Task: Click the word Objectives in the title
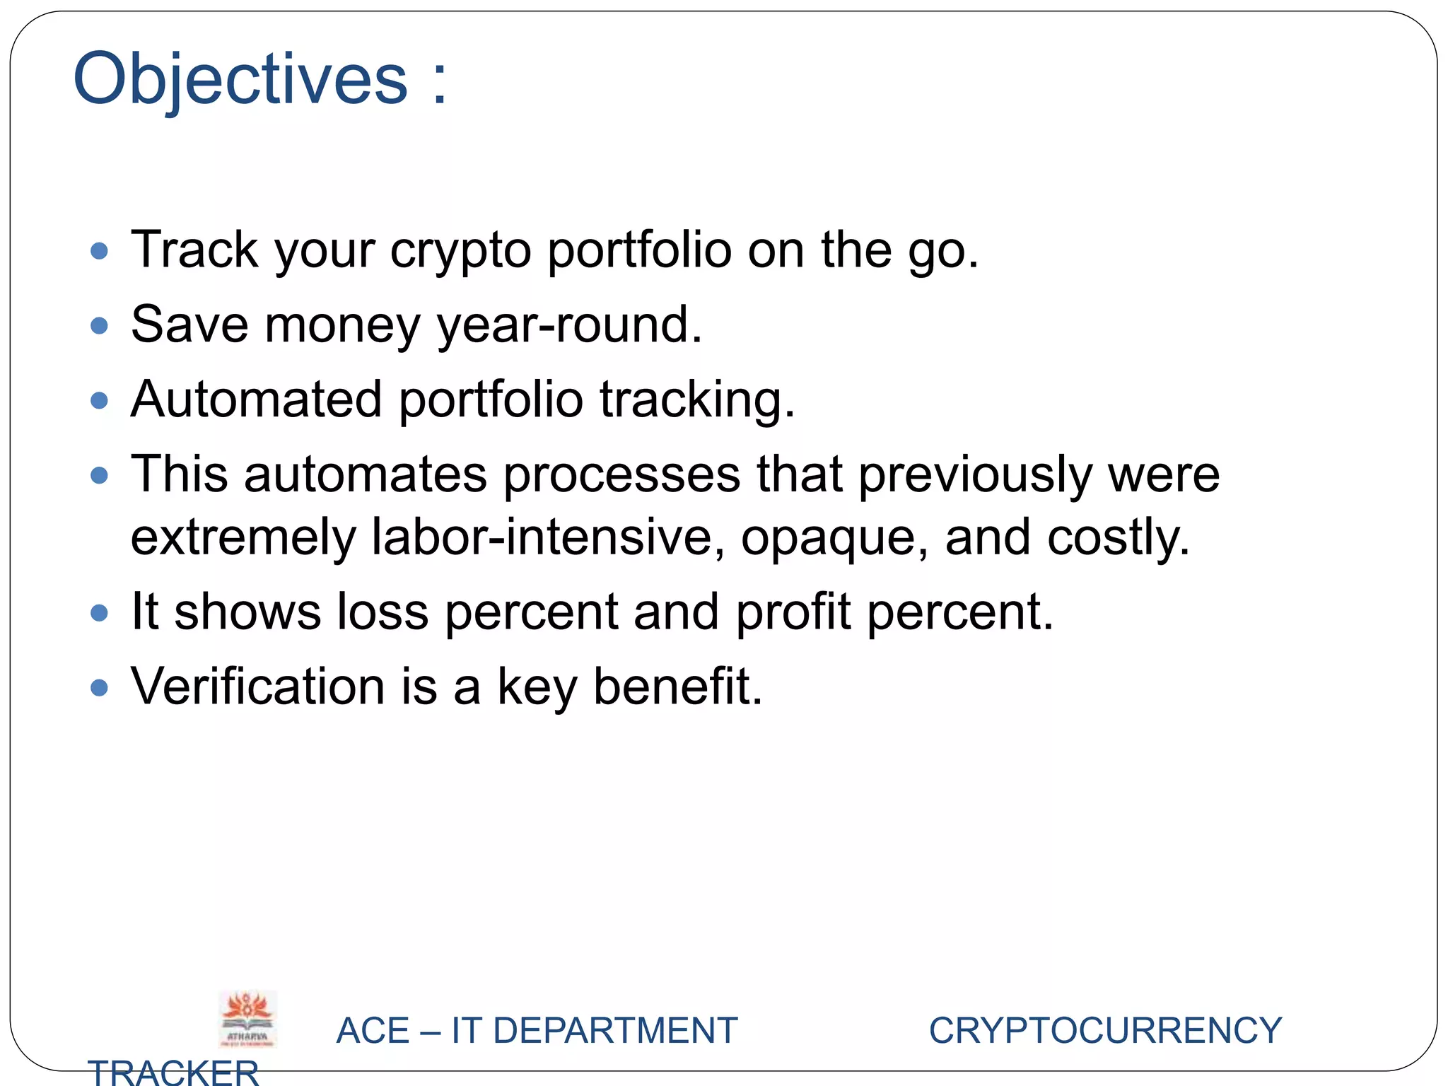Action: [x=240, y=79]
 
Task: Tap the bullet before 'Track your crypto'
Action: [x=100, y=251]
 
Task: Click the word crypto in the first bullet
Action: [x=460, y=251]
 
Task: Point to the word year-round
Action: [x=570, y=325]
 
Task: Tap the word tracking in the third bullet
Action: [x=697, y=401]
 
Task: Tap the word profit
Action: [x=793, y=613]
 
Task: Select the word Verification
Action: [x=257, y=687]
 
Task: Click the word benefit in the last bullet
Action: [x=677, y=687]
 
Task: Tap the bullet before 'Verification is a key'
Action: [x=100, y=688]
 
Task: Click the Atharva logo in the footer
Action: [x=247, y=1019]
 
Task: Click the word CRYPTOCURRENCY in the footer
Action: [x=1105, y=1030]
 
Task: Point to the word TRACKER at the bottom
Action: [x=173, y=1072]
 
